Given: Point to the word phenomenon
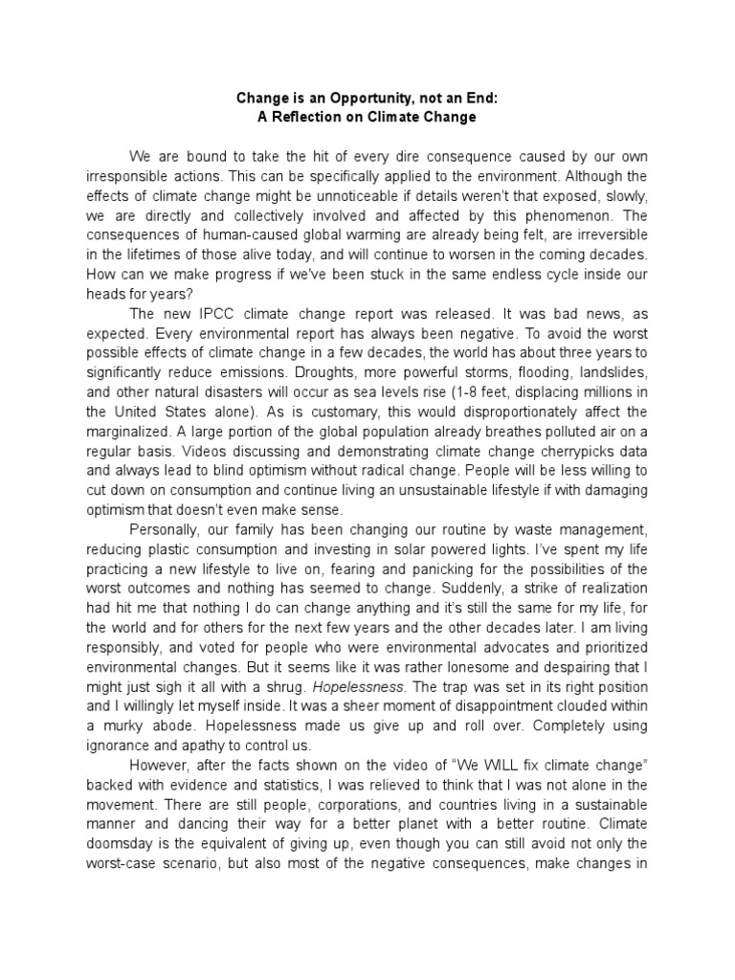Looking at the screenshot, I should click(x=599, y=217).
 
